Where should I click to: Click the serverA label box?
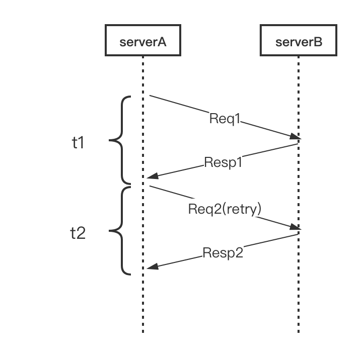pos(143,41)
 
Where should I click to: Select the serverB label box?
pos(299,41)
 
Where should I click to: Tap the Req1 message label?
pos(225,119)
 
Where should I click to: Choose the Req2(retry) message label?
pos(225,209)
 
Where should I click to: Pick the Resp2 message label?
pos(223,253)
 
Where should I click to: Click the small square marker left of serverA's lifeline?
pos(78,143)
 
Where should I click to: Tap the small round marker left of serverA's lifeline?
pos(77,232)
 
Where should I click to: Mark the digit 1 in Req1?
pos(238,119)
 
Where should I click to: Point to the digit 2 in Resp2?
pos(239,253)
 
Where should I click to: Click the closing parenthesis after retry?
pos(259,209)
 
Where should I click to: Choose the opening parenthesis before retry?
pos(222,209)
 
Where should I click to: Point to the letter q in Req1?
pos(229,120)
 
